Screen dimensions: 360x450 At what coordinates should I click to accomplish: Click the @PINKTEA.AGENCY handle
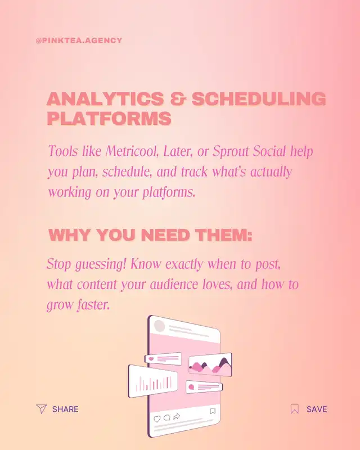[x=79, y=40]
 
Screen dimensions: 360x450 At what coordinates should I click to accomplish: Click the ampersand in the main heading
[x=178, y=99]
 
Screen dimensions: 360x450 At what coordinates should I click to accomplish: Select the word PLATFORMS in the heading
[x=109, y=118]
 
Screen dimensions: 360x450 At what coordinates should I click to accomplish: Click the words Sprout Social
[x=249, y=151]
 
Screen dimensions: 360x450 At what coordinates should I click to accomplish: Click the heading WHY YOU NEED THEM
[x=150, y=235]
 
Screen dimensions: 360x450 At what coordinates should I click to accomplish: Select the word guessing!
[x=101, y=264]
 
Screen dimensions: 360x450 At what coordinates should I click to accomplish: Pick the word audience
[x=174, y=285]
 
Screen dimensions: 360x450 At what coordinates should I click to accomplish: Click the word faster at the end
[x=93, y=305]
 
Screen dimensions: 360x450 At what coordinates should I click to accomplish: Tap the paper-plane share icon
[x=41, y=409]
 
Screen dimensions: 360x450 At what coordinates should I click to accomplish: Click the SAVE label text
[x=317, y=409]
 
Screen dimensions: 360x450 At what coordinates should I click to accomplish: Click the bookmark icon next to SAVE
[x=295, y=409]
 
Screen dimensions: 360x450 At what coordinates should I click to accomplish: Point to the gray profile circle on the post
[x=159, y=326]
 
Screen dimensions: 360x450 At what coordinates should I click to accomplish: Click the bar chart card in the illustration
[x=153, y=381]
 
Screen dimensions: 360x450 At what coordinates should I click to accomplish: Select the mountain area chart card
[x=210, y=364]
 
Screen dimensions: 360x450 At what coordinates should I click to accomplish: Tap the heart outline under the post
[x=157, y=418]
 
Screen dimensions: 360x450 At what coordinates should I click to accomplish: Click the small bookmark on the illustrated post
[x=213, y=411]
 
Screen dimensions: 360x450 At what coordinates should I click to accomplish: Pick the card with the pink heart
[x=163, y=359]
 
